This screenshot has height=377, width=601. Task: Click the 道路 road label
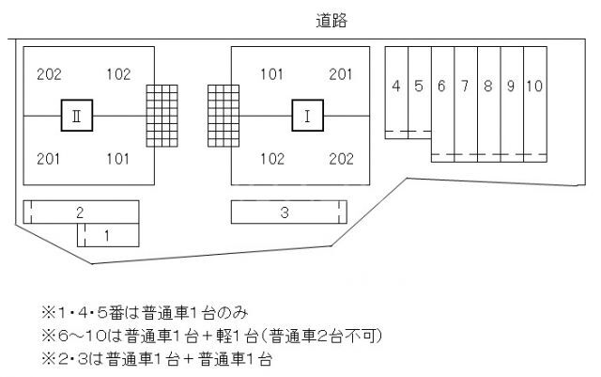tap(331, 21)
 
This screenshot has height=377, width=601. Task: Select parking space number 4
tap(396, 92)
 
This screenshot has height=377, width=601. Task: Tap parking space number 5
tap(420, 92)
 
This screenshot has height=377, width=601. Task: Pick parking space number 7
tap(466, 104)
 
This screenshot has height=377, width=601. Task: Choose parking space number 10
tap(535, 104)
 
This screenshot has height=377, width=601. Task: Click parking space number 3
tap(289, 212)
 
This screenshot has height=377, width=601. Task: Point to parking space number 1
tap(108, 235)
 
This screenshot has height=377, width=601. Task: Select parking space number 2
tap(81, 212)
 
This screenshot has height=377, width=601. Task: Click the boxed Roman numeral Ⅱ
tap(77, 116)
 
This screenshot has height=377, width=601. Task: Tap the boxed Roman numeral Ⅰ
tap(307, 116)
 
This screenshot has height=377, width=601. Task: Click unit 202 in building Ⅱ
tap(49, 74)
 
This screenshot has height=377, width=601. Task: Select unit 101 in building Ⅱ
tap(118, 159)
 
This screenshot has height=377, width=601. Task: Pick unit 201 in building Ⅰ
tap(340, 74)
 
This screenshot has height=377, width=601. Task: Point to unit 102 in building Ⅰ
tap(272, 159)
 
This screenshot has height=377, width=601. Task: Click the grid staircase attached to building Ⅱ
tap(162, 116)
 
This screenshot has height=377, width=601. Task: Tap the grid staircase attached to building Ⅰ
tap(223, 116)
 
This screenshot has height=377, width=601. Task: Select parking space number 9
tap(512, 104)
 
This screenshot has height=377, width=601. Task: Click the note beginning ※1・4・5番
tap(145, 313)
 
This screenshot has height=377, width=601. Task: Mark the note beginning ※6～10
tap(212, 337)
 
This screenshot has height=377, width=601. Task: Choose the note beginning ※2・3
tap(157, 360)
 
